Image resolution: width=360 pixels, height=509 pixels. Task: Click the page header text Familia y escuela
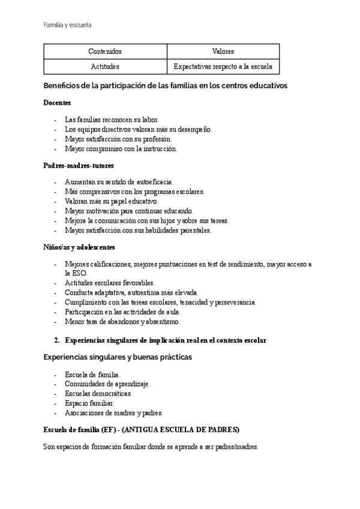click(x=67, y=25)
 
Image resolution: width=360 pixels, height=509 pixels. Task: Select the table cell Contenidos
click(x=105, y=52)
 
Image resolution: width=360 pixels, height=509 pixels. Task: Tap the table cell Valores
click(x=223, y=52)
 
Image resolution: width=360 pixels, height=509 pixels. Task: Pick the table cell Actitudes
click(x=105, y=66)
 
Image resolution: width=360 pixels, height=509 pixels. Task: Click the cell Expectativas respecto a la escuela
click(x=223, y=66)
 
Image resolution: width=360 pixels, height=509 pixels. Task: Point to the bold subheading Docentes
click(x=58, y=103)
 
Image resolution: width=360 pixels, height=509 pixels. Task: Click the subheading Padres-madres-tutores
click(x=79, y=165)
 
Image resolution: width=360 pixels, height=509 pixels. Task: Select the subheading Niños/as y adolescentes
click(x=80, y=247)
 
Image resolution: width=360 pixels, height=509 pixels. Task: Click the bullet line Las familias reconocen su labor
click(x=111, y=119)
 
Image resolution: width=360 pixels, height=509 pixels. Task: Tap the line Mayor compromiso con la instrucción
click(x=121, y=148)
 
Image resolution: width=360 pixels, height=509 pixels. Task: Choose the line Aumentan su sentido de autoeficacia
click(x=119, y=181)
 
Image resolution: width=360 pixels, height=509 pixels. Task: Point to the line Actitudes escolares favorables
click(x=109, y=283)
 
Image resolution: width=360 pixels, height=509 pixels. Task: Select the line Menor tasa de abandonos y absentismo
click(x=122, y=321)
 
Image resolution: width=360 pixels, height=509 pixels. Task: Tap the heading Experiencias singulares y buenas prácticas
click(x=118, y=357)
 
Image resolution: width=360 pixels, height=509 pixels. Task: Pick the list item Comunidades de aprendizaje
click(x=107, y=383)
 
